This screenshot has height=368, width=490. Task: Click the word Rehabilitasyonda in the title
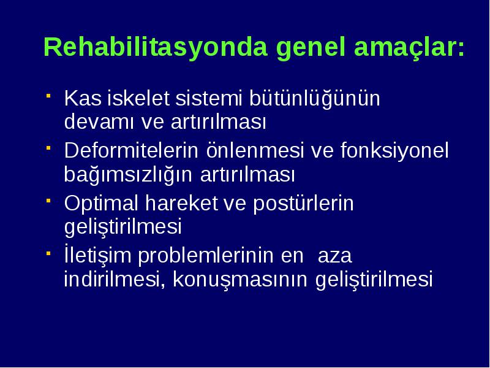[x=156, y=48]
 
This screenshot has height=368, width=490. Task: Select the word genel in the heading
[x=311, y=48]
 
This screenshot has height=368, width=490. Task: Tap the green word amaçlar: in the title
[x=409, y=48]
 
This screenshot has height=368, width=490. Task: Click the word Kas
[x=83, y=98]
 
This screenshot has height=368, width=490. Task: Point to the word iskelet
[x=138, y=98]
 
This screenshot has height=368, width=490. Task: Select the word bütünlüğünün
[x=314, y=99]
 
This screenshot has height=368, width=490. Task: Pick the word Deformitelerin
[x=131, y=150]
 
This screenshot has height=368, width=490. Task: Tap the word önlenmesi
[x=255, y=150]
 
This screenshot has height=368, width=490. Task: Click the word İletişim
[x=98, y=256]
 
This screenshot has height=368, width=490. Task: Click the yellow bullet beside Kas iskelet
[x=48, y=96]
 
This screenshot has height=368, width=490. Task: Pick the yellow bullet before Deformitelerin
[x=48, y=148]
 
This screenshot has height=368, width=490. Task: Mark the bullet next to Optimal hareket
[x=48, y=201]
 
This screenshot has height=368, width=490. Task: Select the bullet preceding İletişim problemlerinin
[x=48, y=253]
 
